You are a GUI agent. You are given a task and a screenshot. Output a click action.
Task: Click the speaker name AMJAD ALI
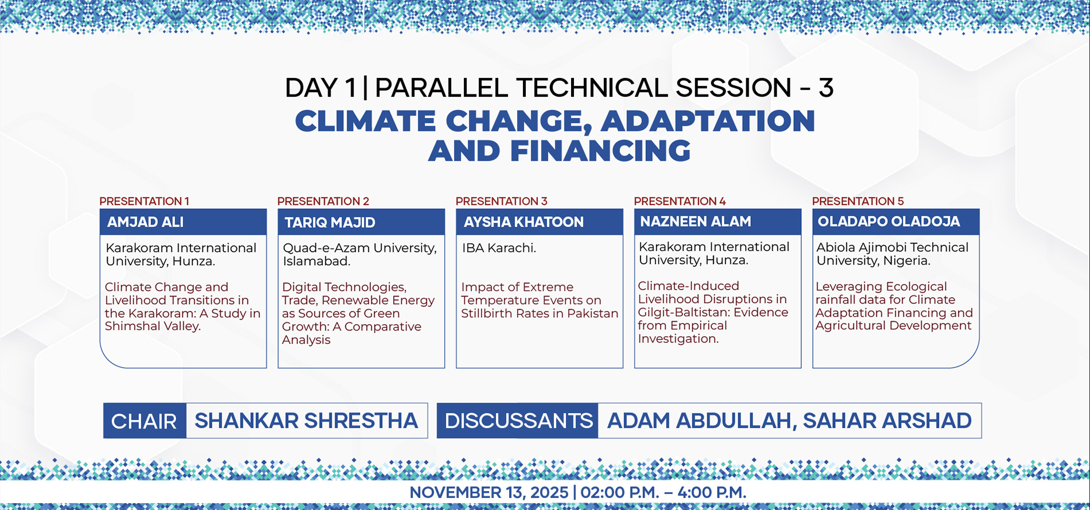145,222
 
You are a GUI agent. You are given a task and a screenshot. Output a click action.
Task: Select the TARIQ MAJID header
361,222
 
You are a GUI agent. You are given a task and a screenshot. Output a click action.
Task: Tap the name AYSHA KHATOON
523,222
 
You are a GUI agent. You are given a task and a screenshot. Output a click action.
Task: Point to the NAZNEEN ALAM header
717,221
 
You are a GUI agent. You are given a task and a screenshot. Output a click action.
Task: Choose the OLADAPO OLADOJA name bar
896,221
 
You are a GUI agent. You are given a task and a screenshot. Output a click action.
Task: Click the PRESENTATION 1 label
144,201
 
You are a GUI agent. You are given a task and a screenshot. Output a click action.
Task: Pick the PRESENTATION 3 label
501,201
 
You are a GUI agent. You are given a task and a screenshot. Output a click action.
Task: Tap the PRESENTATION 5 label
858,201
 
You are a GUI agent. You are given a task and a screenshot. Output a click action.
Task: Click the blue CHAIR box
145,421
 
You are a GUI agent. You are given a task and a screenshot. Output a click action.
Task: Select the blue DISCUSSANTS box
517,421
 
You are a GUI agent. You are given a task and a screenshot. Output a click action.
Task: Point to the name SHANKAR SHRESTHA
306,421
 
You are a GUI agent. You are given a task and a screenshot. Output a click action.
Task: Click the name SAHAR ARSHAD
887,421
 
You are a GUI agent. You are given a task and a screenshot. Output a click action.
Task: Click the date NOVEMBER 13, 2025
488,492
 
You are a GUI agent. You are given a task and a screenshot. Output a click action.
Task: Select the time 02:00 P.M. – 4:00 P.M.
663,492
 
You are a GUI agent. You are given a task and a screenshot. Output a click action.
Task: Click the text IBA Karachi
499,248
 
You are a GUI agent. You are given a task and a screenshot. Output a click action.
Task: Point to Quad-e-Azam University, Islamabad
359,254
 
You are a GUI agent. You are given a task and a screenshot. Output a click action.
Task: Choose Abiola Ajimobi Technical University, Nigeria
893,254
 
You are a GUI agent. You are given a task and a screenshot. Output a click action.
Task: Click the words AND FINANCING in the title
559,151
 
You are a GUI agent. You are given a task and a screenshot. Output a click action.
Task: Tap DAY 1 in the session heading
320,88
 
